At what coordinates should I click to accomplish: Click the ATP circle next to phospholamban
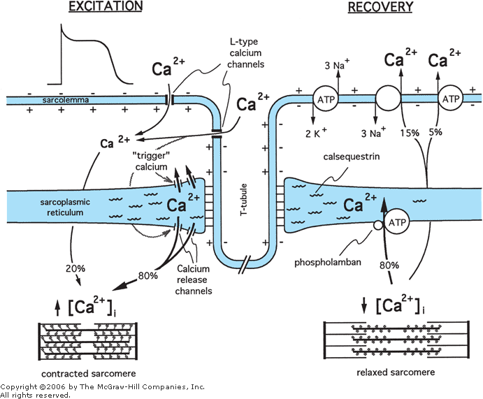(x=397, y=222)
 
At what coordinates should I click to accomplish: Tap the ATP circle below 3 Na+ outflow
(x=324, y=101)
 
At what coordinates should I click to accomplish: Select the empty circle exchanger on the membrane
(x=389, y=100)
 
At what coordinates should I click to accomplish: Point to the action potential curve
(x=94, y=49)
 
